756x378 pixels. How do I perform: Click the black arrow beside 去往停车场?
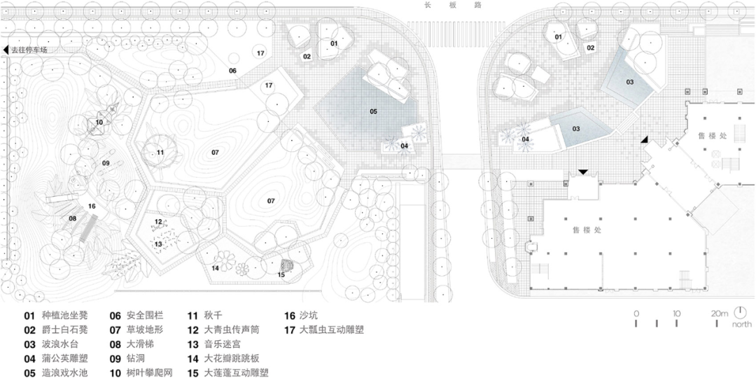coord(6,50)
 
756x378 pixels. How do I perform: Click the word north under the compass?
coord(742,325)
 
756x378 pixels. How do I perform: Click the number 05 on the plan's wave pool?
coord(374,111)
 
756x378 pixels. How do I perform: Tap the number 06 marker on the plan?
coord(232,71)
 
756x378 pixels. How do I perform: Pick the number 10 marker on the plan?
coord(99,122)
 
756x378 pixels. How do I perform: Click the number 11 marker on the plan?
coord(160,152)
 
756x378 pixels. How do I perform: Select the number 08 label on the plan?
coord(72,218)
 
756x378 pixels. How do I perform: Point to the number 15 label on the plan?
coord(281,274)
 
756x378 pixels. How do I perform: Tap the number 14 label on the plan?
coord(216,267)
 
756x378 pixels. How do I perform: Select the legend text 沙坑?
coord(309,315)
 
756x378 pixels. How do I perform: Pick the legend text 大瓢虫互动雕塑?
coord(332,330)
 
